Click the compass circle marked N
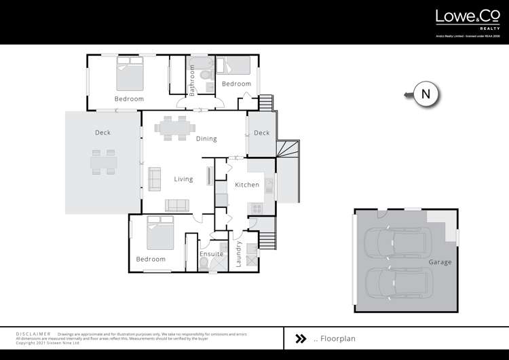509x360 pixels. [x=426, y=94]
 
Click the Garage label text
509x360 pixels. [x=440, y=262]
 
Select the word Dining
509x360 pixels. [x=206, y=139]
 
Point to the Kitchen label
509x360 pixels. [x=247, y=185]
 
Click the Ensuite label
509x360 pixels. [x=211, y=254]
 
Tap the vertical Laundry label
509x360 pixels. [x=239, y=254]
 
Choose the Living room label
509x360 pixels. [x=183, y=179]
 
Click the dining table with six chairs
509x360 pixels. [x=175, y=127]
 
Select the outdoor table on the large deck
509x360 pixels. [x=102, y=162]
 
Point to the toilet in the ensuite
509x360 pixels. [x=204, y=264]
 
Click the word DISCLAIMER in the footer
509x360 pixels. [x=33, y=335]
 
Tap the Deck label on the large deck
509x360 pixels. [x=102, y=133]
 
